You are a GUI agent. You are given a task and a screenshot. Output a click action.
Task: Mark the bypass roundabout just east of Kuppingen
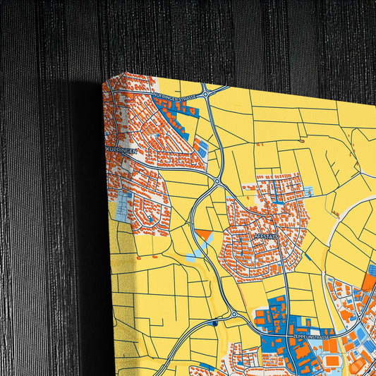point(217,181)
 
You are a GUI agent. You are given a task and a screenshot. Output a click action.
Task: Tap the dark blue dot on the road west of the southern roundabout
point(212,324)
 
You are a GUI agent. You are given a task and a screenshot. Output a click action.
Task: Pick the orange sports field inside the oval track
point(332,360)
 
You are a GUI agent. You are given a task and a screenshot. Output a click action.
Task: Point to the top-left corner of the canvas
point(104,83)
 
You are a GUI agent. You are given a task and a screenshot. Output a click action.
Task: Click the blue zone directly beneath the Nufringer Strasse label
point(173,107)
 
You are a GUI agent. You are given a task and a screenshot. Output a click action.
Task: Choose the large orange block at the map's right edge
point(369,283)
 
